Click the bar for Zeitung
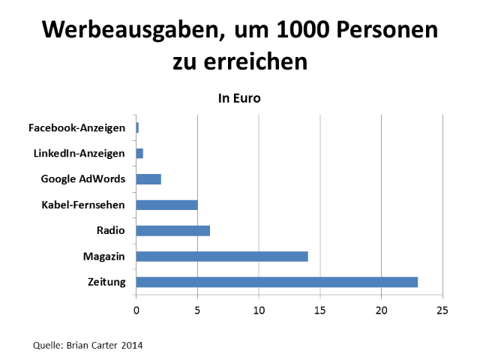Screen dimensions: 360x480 pos(277,282)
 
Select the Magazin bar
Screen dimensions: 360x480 pos(222,256)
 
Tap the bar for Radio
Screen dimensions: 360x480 pos(172,230)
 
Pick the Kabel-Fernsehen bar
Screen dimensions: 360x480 pos(166,205)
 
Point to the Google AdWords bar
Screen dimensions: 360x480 pos(148,179)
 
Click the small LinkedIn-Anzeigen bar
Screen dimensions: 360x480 pos(139,153)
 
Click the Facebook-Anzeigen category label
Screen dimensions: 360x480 pos(76,127)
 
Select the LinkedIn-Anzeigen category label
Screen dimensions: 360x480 pos(79,153)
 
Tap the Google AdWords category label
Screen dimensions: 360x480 pos(82,179)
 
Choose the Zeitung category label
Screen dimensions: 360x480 pos(106,282)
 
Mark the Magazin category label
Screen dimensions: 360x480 pos(104,256)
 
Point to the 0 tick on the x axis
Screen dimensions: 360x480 pos(136,309)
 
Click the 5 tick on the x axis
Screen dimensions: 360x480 pos(197,309)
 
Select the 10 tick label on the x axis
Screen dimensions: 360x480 pos(259,309)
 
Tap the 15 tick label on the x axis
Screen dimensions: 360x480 pos(320,309)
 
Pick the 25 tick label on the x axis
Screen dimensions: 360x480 pos(442,309)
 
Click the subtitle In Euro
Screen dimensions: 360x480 pos(239,98)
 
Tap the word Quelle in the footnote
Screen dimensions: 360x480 pos(47,345)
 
